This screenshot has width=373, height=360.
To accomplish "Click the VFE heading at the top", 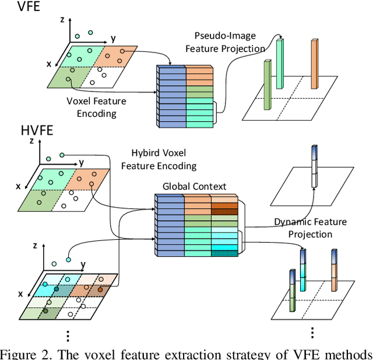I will (17, 8).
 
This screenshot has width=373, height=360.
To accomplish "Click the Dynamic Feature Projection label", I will (311, 228).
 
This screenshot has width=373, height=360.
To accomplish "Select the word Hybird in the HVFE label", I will (145, 154).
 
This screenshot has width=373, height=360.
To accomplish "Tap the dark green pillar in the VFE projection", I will (268, 85).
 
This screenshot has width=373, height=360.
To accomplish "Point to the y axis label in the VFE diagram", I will (113, 39).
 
